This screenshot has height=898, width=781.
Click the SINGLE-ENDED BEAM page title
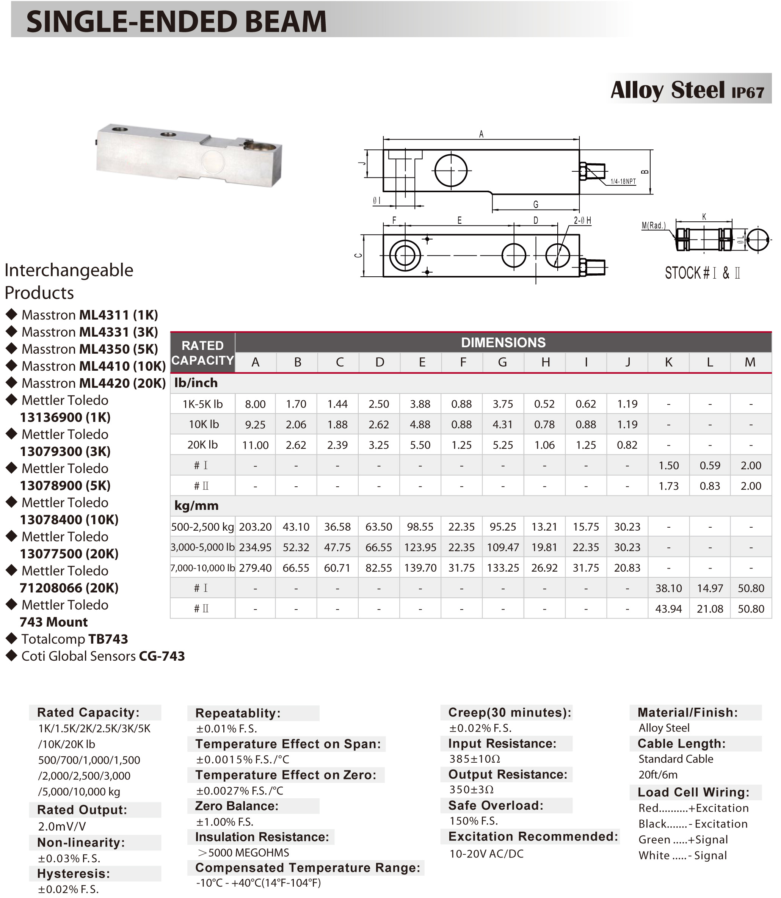coord(177,21)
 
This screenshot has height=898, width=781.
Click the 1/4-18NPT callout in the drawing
coord(623,181)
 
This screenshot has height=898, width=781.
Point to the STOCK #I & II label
coord(702,273)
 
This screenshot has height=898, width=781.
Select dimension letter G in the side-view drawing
coord(536,204)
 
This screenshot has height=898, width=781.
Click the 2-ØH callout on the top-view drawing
coord(582,221)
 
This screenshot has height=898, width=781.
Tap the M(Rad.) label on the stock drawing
coord(654,225)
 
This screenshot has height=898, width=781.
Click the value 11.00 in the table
coord(256,445)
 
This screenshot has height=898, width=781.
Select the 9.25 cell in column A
coord(256,425)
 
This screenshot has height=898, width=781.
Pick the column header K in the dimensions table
coord(668,362)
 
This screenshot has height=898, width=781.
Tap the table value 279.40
coord(256,568)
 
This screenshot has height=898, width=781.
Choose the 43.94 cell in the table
coord(668,609)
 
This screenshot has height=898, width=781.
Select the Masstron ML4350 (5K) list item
coord(90,349)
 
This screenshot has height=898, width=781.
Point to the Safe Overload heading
coord(496,805)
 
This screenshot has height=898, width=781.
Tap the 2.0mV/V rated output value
coord(62,826)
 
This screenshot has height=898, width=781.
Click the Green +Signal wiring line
coord(683,839)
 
